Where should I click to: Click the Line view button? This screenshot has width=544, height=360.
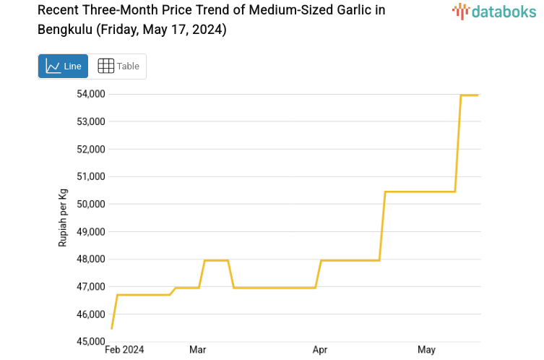point(64,66)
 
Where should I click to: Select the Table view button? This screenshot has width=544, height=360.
point(118,66)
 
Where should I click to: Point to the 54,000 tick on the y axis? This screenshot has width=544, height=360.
point(91,94)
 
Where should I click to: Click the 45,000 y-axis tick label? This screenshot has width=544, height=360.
point(91,342)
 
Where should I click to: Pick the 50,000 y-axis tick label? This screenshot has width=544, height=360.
point(91,204)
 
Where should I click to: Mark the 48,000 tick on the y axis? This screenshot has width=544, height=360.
point(91,260)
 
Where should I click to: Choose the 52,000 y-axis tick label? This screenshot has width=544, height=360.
point(91,149)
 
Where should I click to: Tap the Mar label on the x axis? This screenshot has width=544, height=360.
point(197,351)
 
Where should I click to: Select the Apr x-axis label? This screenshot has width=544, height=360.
point(320,351)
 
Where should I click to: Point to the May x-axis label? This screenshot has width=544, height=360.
point(427,351)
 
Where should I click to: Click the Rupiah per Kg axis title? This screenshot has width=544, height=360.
point(63,218)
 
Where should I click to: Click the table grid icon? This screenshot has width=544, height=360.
point(105,66)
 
